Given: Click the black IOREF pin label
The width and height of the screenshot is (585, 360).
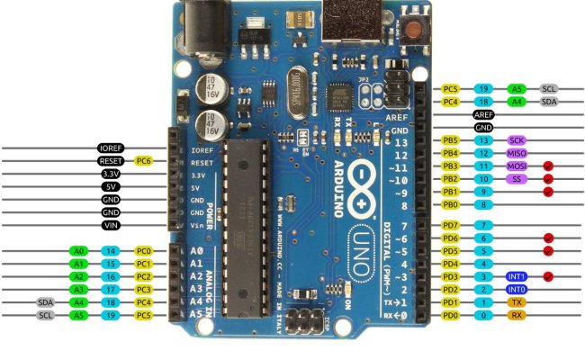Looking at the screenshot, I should coord(111,148).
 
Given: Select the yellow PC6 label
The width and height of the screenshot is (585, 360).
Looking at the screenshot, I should coord(143,160).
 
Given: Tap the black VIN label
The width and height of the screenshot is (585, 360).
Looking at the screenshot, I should coord(111,225).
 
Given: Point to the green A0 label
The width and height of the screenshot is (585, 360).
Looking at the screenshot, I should coord(78,251).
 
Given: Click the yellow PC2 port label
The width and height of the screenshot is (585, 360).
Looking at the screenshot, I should coord(143,277).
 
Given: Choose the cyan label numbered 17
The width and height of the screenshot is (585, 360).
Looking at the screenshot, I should coord(111,290).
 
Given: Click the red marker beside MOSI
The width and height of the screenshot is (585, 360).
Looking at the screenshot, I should coord(547,166).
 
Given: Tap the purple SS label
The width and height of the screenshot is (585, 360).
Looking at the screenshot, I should coord(516,179).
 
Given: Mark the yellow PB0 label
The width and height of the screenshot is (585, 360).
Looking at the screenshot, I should coord(451,205).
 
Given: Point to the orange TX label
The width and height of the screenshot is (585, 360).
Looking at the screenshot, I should coord(516,302).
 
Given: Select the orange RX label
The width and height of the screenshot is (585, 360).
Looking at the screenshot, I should coord(516,315).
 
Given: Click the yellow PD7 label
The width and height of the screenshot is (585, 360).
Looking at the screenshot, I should coord(451,224).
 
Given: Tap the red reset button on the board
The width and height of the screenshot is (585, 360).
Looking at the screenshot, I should coord(415,30).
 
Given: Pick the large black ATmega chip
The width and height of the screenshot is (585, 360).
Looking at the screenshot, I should coord(245,229).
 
